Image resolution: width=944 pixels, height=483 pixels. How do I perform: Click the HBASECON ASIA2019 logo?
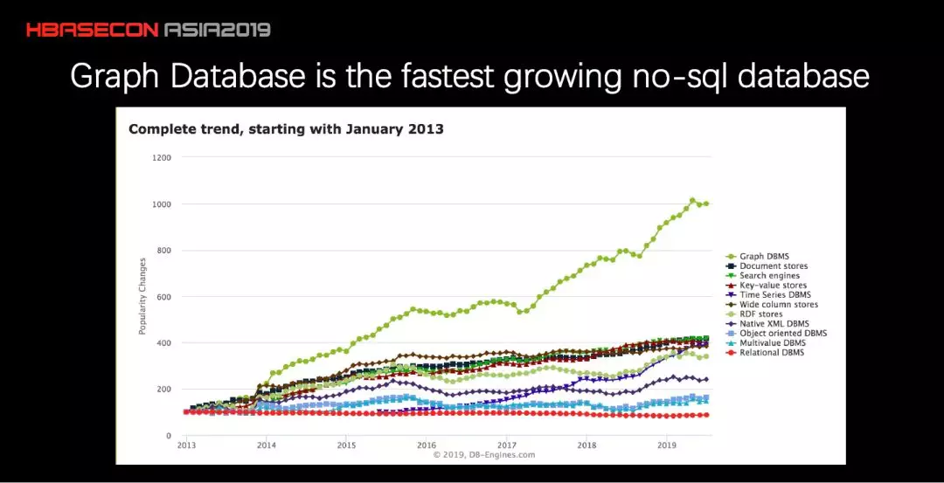[148, 30]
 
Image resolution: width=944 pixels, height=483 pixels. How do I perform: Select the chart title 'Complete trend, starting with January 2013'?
[286, 129]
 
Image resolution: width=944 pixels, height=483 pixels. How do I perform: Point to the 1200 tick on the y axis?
[163, 158]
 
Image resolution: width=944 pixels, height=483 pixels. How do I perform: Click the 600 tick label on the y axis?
[164, 297]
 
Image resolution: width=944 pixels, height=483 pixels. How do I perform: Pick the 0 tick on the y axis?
[169, 436]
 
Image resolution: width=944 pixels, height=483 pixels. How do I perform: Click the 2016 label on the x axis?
[427, 445]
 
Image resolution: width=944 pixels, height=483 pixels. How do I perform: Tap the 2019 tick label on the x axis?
[667, 445]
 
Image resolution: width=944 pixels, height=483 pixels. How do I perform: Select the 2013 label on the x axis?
[186, 445]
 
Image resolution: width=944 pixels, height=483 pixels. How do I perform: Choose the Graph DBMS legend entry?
[765, 257]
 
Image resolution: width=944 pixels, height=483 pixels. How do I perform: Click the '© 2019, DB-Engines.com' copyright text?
[483, 454]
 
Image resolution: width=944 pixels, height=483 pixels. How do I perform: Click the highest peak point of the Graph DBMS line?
[692, 201]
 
